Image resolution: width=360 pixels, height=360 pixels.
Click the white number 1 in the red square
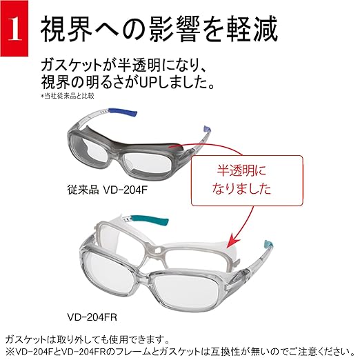14,29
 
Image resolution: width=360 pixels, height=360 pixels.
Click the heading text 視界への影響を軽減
159,29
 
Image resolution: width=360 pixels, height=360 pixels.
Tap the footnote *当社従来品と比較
68,96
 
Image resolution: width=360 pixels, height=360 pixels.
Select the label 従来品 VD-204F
107,190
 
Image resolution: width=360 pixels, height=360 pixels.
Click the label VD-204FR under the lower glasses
92,317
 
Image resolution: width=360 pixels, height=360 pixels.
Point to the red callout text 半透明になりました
241,180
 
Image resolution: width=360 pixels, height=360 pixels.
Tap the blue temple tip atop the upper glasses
123,112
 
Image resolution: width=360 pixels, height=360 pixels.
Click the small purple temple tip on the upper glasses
207,129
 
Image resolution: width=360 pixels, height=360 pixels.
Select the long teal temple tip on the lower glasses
150,219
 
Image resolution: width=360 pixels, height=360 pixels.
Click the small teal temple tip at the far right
268,244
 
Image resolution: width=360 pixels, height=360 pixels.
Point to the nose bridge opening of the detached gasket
157,250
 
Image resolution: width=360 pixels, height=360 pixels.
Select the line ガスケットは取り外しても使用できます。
88,339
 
